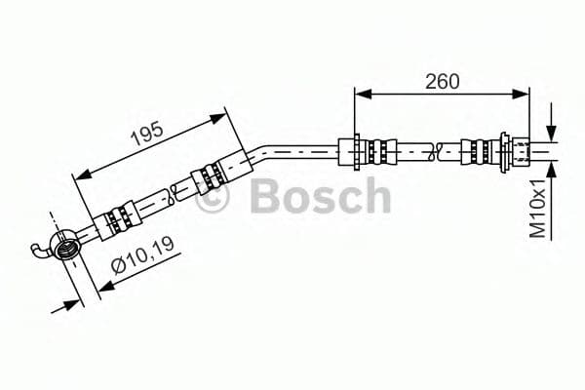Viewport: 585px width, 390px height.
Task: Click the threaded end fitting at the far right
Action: click(x=523, y=151)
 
